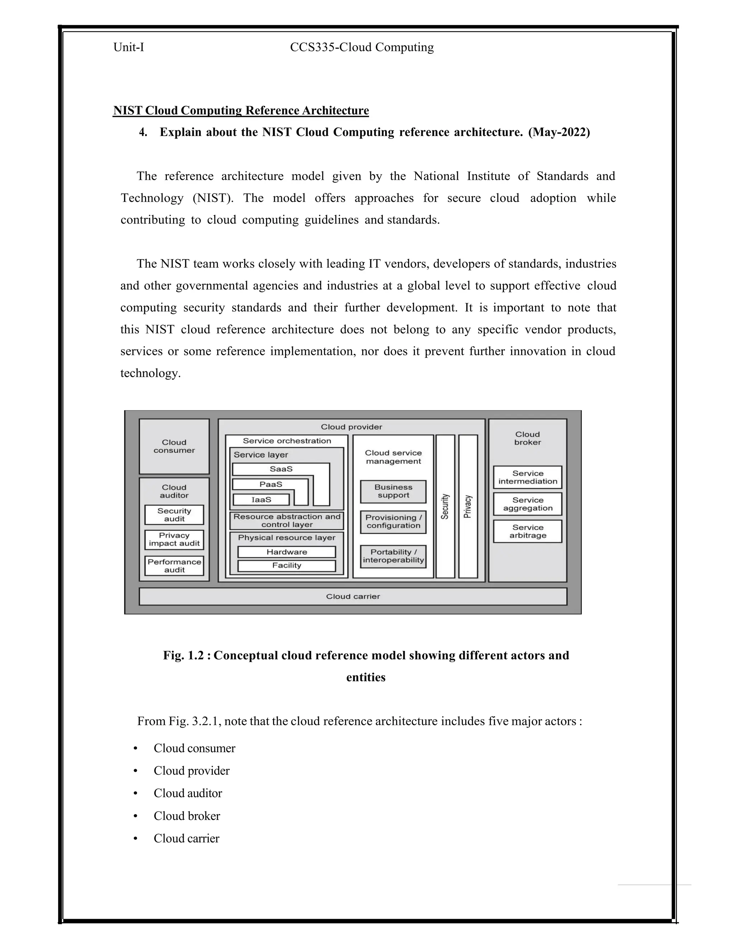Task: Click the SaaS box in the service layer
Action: [x=281, y=469]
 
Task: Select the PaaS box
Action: [x=270, y=484]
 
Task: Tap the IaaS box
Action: [x=261, y=500]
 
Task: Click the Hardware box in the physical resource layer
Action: [x=286, y=552]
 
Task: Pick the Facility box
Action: [x=286, y=566]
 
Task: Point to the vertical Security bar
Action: [x=445, y=506]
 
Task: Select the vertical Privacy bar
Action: [x=468, y=506]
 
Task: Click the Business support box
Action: [x=393, y=491]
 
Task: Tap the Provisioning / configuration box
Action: [x=393, y=522]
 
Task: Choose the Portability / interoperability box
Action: [x=393, y=556]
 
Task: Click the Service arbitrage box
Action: [x=527, y=531]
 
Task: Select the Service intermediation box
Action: [x=527, y=477]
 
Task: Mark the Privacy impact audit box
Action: [x=174, y=539]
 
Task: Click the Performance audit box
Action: [x=174, y=566]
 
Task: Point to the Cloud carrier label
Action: [x=353, y=596]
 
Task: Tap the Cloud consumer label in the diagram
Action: [x=174, y=446]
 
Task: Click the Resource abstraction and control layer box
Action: [x=286, y=521]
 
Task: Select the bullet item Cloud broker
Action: [x=187, y=816]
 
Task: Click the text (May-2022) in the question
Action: [x=559, y=132]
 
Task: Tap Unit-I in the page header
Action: [x=128, y=47]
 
